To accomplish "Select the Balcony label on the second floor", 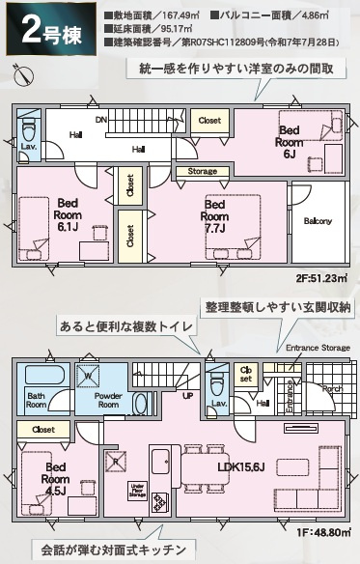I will click(x=317, y=221).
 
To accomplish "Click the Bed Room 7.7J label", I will click(x=213, y=216).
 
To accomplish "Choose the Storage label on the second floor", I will click(x=202, y=171).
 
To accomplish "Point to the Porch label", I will click(x=331, y=389).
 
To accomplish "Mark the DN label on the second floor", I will click(x=100, y=121).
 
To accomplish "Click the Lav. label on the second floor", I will click(x=29, y=146).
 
